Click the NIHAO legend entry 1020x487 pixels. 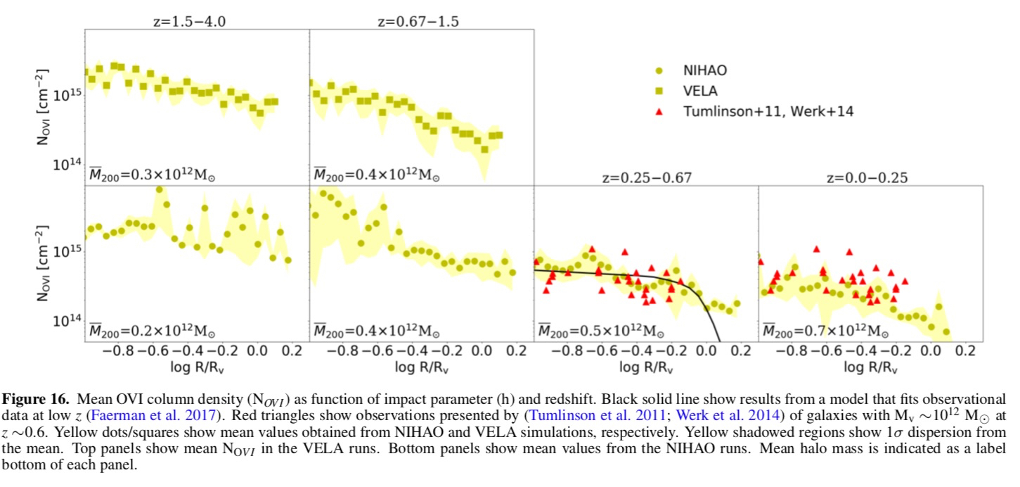(x=705, y=70)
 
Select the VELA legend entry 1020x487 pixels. (x=700, y=91)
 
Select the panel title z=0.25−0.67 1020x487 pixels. (x=646, y=177)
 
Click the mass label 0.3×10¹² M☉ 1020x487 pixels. (x=151, y=175)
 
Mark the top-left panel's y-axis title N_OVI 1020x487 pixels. (x=44, y=107)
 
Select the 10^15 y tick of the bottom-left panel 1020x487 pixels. (x=68, y=252)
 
